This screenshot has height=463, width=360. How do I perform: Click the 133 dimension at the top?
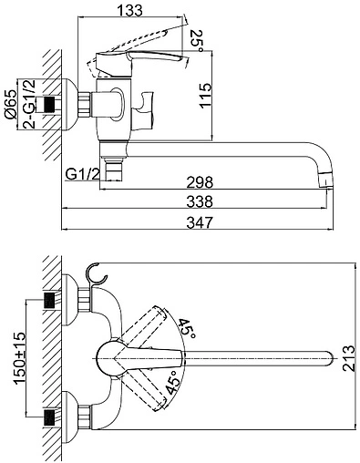(x=129, y=10)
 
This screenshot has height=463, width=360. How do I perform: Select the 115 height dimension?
(x=205, y=95)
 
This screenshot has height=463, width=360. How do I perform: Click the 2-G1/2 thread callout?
(x=29, y=104)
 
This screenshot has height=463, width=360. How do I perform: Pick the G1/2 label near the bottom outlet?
(x=83, y=174)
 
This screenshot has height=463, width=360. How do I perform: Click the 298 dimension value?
(x=200, y=182)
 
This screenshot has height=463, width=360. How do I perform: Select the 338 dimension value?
(x=200, y=201)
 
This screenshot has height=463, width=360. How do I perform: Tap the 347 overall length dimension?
(x=200, y=222)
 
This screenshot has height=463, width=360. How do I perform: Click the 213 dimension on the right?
(x=348, y=358)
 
